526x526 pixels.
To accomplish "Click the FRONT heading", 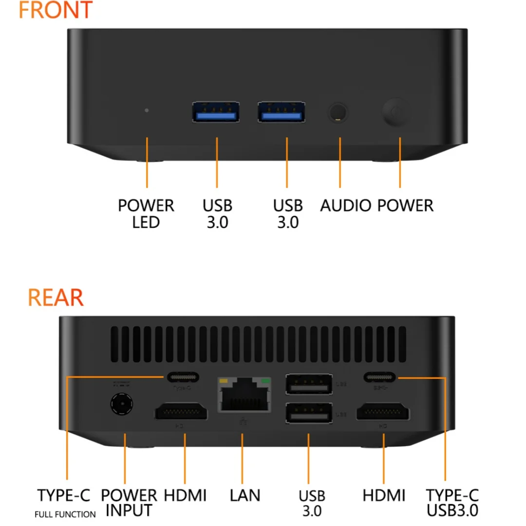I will (x=56, y=10).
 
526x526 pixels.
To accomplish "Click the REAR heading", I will (x=56, y=298).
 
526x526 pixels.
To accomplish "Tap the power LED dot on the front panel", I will (x=147, y=109).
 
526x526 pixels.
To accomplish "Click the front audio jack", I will (x=338, y=112).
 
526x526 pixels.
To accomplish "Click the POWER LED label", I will (x=146, y=214).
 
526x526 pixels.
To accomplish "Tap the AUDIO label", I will (x=345, y=206).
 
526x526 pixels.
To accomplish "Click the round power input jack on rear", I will (x=121, y=405).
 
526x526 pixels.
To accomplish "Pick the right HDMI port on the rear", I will (x=383, y=413).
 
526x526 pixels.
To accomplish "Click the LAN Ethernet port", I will (x=244, y=395).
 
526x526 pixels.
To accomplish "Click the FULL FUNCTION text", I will (x=65, y=514).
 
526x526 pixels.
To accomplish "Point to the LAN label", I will (x=245, y=495).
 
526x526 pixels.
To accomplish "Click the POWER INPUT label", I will (x=129, y=503).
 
